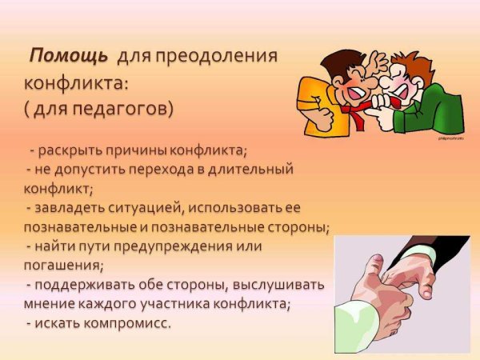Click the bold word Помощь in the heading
(69, 57)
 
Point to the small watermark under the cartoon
(450, 138)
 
